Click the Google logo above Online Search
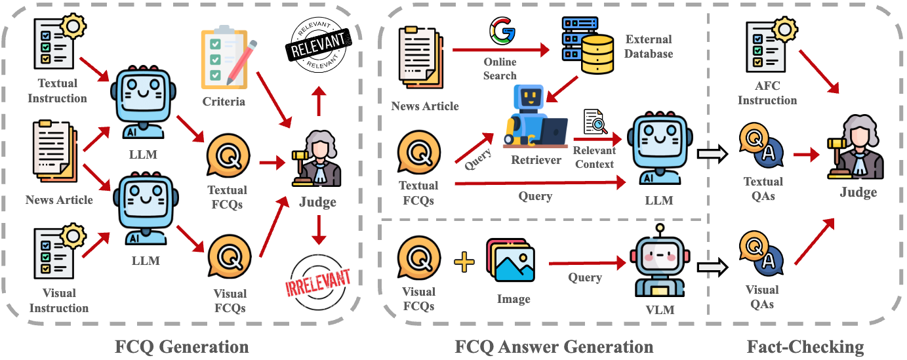pos(500,31)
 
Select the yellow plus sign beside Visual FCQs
pos(464,263)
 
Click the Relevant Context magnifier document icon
pos(594,123)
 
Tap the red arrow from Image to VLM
pos(586,264)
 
